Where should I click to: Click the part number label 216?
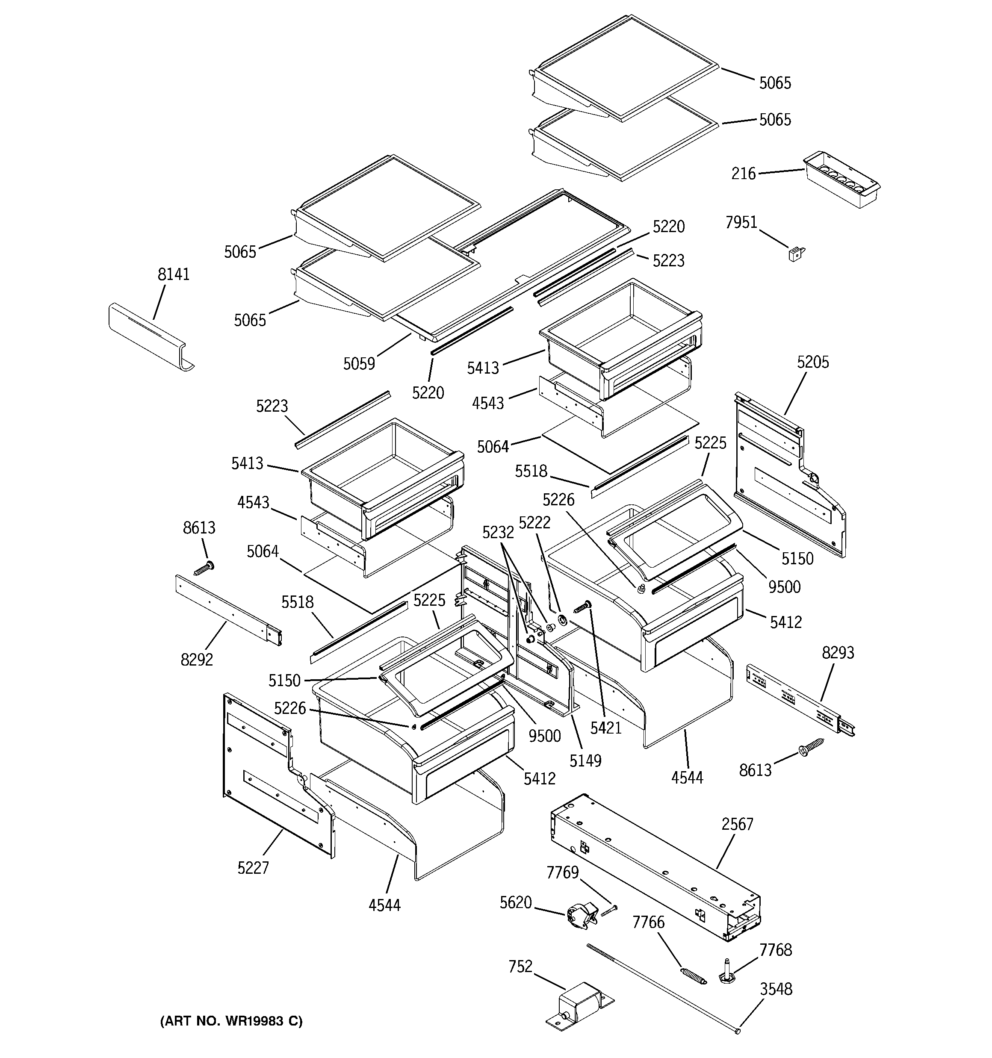click(743, 174)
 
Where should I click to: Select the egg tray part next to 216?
click(841, 180)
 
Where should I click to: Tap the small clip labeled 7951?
click(797, 254)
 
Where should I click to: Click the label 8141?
click(173, 274)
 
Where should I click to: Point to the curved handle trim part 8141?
click(151, 337)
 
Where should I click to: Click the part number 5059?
click(359, 364)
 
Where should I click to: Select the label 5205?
click(812, 362)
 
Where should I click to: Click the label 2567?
click(738, 824)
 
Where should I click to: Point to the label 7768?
click(775, 950)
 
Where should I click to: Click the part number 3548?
click(776, 989)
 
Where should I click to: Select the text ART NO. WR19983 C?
click(231, 1021)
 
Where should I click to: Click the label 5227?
click(253, 869)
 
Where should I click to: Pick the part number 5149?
click(585, 761)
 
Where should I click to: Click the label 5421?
click(606, 728)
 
